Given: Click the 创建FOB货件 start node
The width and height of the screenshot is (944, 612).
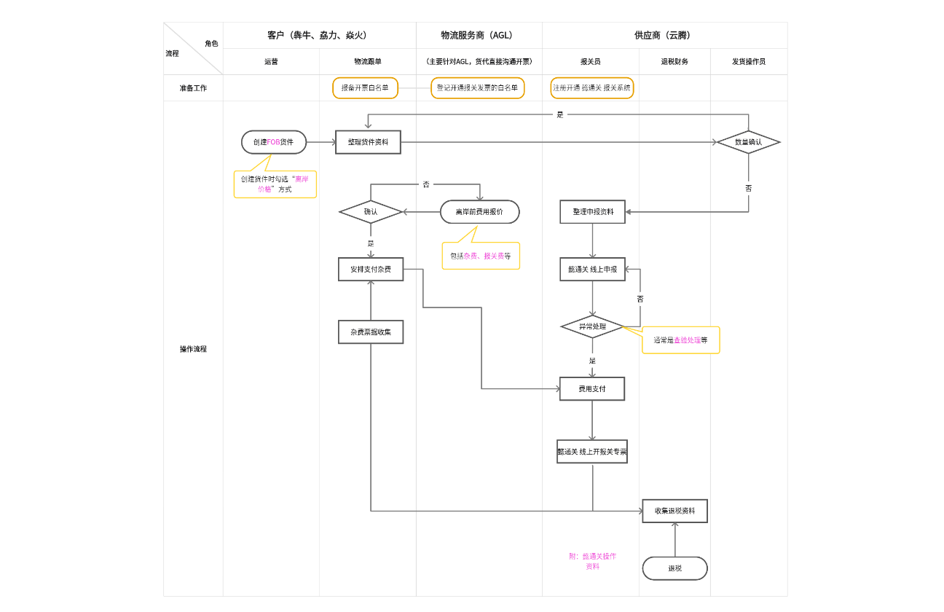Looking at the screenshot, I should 274,142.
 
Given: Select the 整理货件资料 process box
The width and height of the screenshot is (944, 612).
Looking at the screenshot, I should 368,142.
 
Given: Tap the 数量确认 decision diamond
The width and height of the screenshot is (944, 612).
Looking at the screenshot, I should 748,142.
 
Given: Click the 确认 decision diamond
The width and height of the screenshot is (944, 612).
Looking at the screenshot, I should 371,212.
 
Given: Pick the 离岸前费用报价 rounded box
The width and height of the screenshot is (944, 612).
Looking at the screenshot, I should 479,212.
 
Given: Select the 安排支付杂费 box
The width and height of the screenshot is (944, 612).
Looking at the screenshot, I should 371,269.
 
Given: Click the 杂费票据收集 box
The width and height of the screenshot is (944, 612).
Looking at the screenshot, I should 371,331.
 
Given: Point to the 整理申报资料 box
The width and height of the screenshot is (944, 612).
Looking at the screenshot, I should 593,212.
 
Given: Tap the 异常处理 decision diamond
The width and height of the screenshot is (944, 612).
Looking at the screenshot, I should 592,326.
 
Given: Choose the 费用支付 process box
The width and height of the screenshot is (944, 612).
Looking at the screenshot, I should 592,389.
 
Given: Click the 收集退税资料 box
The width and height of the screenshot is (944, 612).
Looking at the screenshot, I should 674,511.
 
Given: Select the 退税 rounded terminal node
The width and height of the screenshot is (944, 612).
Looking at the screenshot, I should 674,568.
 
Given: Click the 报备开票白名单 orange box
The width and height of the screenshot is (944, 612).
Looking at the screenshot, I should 366,88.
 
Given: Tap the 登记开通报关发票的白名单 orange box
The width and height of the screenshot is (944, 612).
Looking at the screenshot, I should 477,88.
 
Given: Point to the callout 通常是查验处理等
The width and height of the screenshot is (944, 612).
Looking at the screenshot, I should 680,340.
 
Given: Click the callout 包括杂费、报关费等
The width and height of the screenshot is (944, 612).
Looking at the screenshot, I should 481,256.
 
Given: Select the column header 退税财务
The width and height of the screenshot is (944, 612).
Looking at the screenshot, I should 674,62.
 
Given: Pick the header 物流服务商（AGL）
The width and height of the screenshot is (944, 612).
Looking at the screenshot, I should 479,35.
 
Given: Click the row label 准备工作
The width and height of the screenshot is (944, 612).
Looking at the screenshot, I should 193,88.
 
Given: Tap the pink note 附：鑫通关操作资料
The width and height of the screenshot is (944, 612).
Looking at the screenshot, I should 592,561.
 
